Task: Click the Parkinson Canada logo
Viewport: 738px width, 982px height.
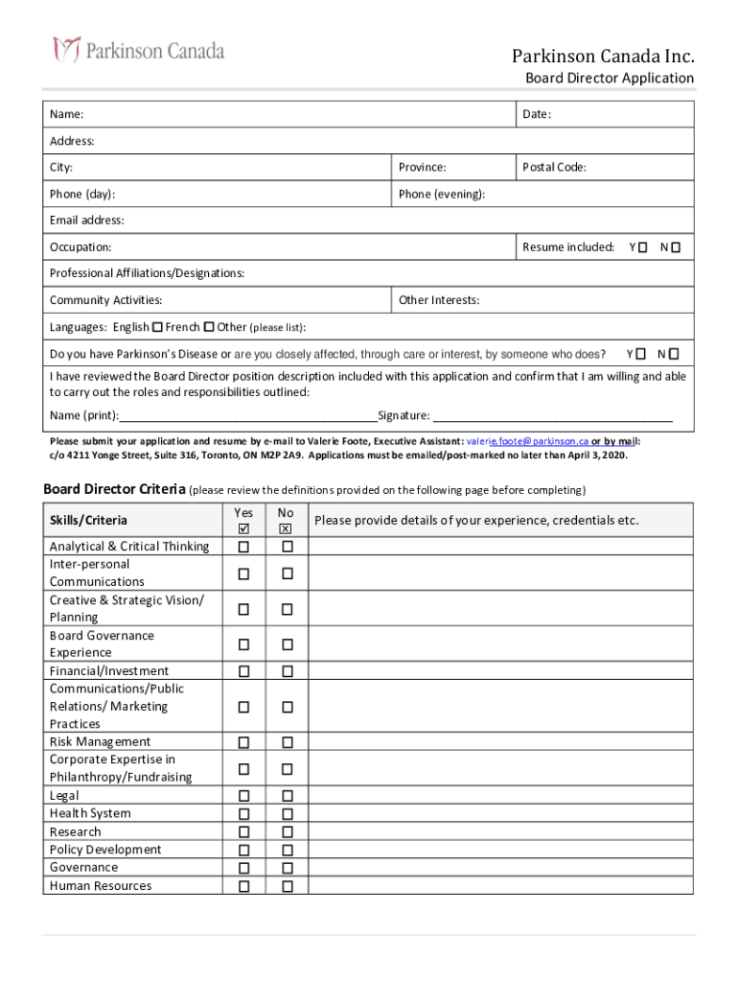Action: (x=139, y=50)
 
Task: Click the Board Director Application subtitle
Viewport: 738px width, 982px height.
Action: (x=609, y=78)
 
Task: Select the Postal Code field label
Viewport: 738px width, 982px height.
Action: (x=554, y=167)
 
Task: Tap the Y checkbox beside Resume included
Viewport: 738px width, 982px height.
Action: (x=642, y=247)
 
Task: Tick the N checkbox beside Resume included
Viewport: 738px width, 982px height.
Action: (x=675, y=247)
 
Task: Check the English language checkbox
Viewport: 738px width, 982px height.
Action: (x=157, y=327)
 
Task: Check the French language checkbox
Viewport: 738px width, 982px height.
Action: (x=209, y=327)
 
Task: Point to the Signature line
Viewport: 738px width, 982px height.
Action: (x=552, y=416)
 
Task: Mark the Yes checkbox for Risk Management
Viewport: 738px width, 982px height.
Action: (x=243, y=742)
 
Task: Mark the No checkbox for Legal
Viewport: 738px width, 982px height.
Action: (x=287, y=796)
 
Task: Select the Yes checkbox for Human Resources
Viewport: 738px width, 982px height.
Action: (x=243, y=886)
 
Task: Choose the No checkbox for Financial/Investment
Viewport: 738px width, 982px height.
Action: (x=287, y=671)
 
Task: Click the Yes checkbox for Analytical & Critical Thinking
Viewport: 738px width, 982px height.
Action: (x=243, y=547)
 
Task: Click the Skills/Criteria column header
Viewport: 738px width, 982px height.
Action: (x=88, y=520)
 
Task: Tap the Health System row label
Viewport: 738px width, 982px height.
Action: (x=90, y=813)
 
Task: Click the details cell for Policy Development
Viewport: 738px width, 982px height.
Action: (x=500, y=850)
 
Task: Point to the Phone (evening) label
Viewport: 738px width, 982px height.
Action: (x=442, y=194)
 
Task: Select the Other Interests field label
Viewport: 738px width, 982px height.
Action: (x=439, y=300)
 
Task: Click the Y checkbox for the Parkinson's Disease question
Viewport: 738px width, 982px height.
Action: (x=640, y=354)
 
